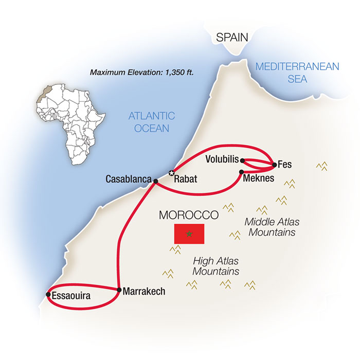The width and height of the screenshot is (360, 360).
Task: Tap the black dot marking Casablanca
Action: pos(155,181)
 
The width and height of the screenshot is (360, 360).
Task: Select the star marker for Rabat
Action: pos(172,173)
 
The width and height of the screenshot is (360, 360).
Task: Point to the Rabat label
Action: pos(186,179)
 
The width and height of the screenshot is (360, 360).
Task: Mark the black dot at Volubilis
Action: pos(242,160)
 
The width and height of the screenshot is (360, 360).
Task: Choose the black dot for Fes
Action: pos(274,165)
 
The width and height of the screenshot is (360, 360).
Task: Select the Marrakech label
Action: pos(144,291)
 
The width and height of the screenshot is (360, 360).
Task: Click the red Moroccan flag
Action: pos(189,234)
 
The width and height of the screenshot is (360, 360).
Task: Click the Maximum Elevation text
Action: pos(142,73)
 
